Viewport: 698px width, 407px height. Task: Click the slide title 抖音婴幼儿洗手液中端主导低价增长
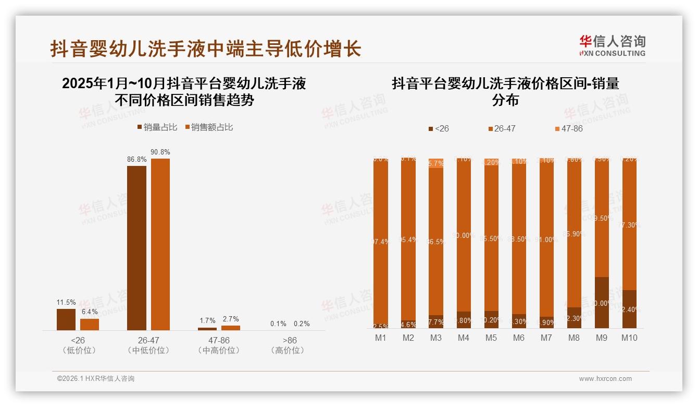tap(206, 50)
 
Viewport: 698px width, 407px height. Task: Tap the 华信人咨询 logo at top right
tap(612, 45)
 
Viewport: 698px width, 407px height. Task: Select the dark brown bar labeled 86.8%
tap(136, 248)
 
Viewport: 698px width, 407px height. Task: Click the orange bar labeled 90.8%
tap(160, 244)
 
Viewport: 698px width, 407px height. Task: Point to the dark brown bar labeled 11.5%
tap(66, 319)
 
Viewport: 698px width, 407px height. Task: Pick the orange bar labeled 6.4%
tap(90, 324)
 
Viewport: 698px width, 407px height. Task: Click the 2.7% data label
tap(230, 319)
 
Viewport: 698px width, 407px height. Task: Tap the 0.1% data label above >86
tap(278, 324)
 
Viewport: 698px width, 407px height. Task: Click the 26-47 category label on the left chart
tap(148, 340)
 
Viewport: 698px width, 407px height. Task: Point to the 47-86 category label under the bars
tap(219, 340)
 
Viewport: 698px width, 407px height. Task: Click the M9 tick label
tap(602, 338)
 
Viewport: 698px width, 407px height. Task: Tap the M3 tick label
tap(436, 338)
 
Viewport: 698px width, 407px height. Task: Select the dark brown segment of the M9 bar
tap(602, 303)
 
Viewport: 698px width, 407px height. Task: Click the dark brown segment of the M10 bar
tap(629, 309)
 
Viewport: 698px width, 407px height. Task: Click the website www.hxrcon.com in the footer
tap(605, 379)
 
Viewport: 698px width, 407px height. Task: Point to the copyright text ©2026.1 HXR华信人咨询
tap(96, 379)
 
